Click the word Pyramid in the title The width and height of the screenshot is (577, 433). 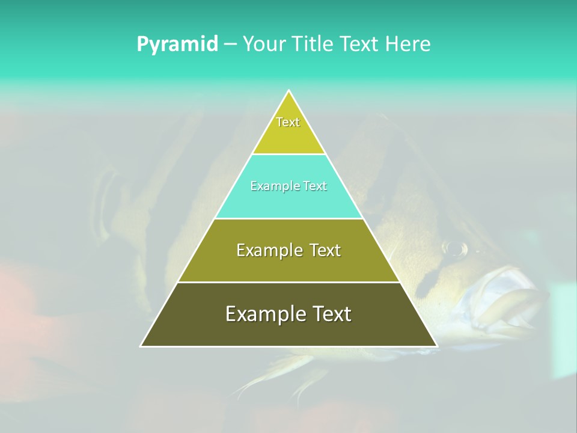pyautogui.click(x=177, y=45)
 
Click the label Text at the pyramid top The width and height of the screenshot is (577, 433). pyautogui.click(x=288, y=122)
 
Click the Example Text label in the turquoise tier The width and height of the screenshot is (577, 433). pyautogui.click(x=288, y=186)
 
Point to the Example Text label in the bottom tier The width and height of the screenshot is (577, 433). pyautogui.click(x=288, y=314)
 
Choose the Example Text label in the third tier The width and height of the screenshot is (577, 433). pyautogui.click(x=288, y=250)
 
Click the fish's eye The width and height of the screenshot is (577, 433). pyautogui.click(x=455, y=247)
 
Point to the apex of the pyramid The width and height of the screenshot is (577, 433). pyautogui.click(x=288, y=91)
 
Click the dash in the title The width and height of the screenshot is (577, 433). pyautogui.click(x=230, y=45)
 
